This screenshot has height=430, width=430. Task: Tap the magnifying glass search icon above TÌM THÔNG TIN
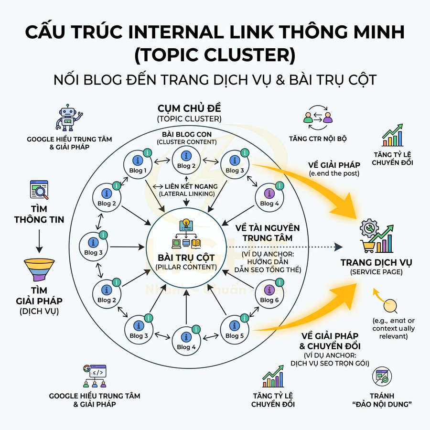[39, 191]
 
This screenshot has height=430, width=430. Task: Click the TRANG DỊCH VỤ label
[376, 263]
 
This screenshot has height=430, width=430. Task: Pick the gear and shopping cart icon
[376, 236]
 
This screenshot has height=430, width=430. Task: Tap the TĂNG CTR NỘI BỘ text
[317, 139]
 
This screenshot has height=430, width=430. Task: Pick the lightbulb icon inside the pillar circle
[184, 225]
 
